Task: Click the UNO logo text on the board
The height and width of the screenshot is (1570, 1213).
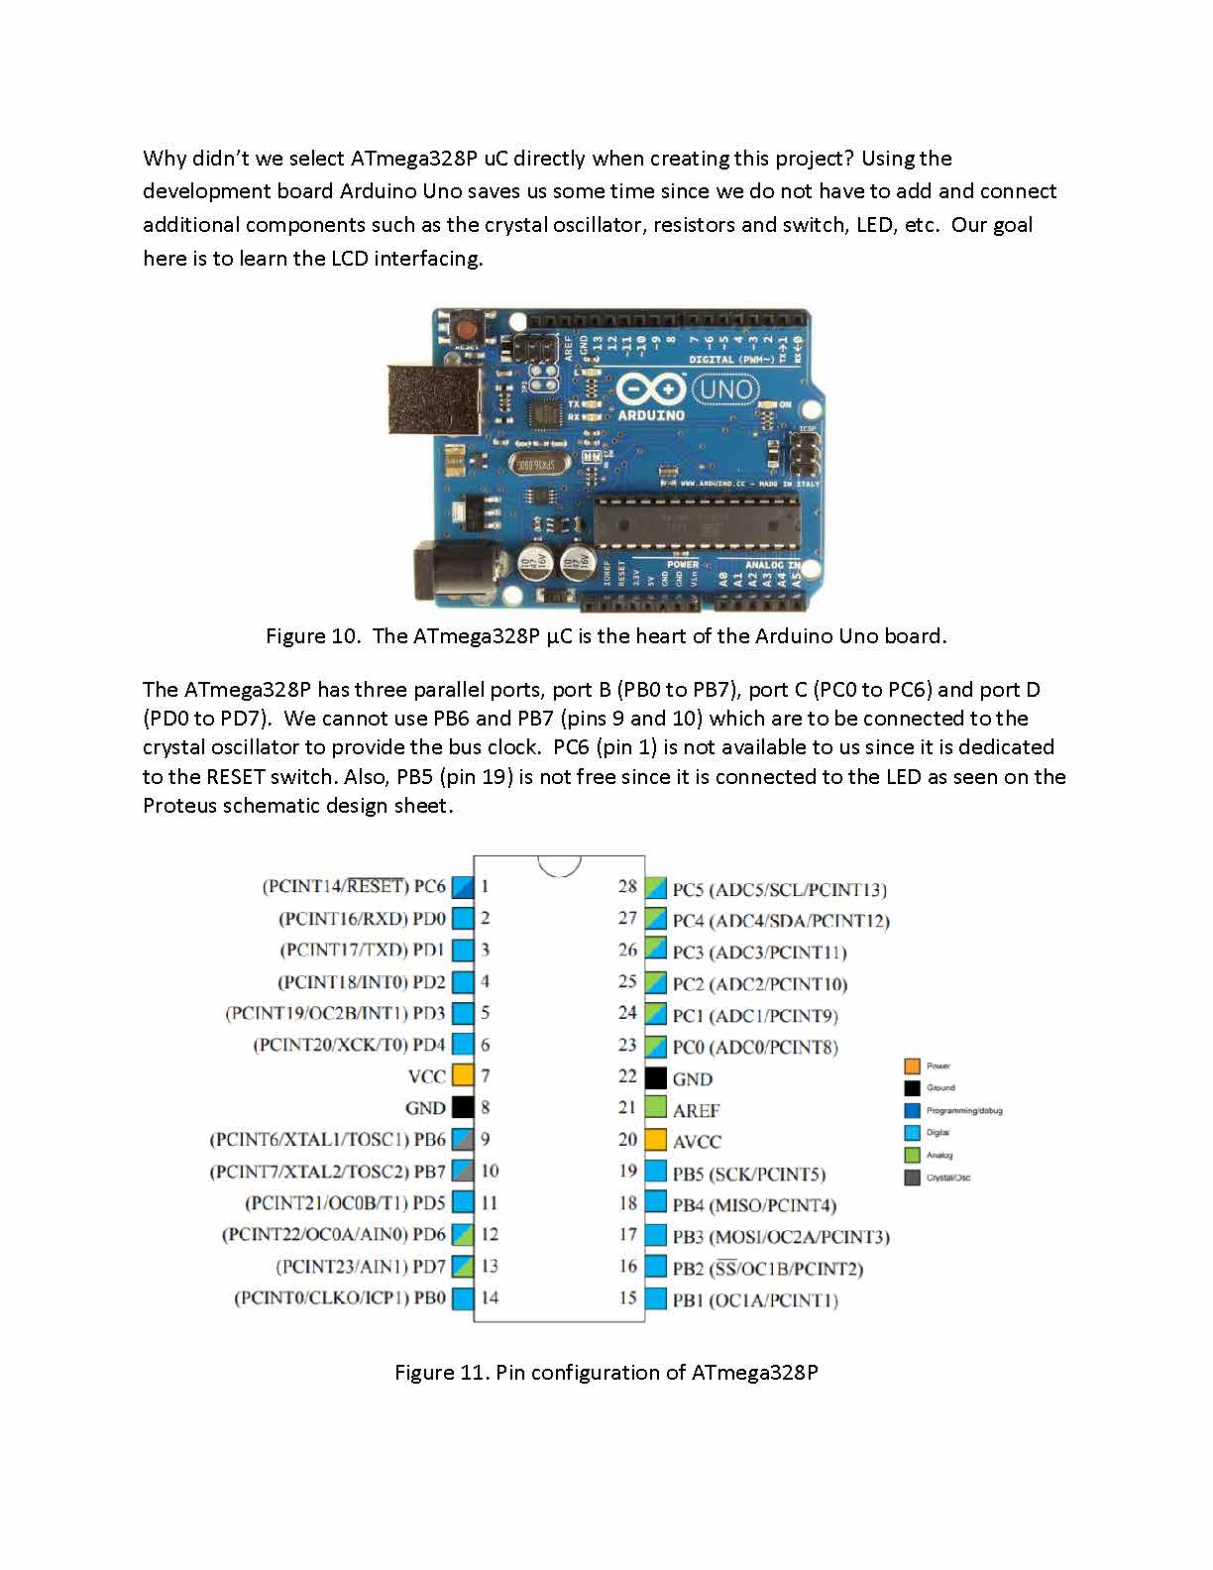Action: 726,389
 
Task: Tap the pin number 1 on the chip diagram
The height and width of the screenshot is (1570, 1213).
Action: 486,886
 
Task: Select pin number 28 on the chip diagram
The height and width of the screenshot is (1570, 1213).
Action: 627,886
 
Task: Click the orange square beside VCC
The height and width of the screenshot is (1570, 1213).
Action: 463,1075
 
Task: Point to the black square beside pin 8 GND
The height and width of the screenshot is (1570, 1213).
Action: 463,1107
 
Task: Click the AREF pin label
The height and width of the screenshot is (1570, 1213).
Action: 696,1110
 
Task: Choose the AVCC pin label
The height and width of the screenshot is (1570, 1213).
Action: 697,1142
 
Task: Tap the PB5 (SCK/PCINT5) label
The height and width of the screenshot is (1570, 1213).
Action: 748,1175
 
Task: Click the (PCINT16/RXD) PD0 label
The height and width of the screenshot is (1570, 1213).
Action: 362,919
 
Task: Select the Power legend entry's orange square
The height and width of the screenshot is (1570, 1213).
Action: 913,1066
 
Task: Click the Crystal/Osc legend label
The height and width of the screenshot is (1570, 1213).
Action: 948,1177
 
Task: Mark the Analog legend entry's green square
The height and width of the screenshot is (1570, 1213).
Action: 913,1155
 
